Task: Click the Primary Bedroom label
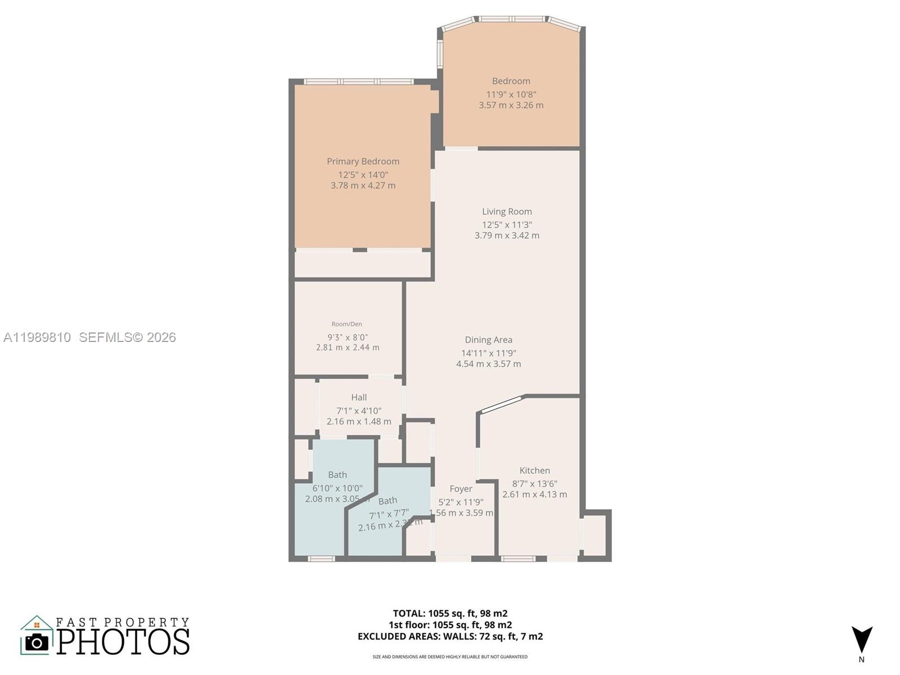point(363,161)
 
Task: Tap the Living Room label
point(507,211)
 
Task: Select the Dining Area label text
point(488,340)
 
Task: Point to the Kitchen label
point(534,470)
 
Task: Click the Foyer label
point(461,489)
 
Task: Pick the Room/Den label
point(346,324)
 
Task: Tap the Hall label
point(359,397)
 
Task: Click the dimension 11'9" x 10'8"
point(511,94)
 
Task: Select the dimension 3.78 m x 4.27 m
point(363,186)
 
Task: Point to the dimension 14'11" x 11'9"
point(488,353)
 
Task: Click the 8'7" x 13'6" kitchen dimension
point(534,484)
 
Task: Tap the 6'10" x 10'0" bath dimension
point(337,488)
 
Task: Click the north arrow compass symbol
point(861,640)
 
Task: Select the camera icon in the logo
point(37,642)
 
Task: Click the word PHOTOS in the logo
point(123,642)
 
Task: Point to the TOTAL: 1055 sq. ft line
point(450,613)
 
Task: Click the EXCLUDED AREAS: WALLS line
point(450,636)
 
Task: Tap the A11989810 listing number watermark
point(37,337)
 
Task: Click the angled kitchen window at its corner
point(500,404)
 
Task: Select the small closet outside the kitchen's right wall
point(595,535)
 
